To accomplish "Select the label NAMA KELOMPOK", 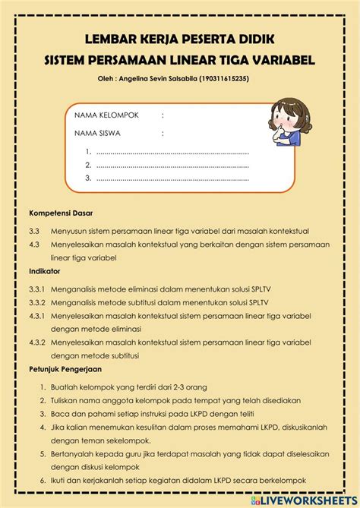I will click(106, 115).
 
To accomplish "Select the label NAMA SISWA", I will click(97, 133).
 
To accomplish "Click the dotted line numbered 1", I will click(172, 150).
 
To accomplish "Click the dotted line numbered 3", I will click(172, 178).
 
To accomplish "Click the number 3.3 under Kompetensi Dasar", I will click(34, 231).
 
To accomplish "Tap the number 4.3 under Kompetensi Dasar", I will click(34, 245).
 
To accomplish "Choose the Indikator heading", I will click(45, 270).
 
